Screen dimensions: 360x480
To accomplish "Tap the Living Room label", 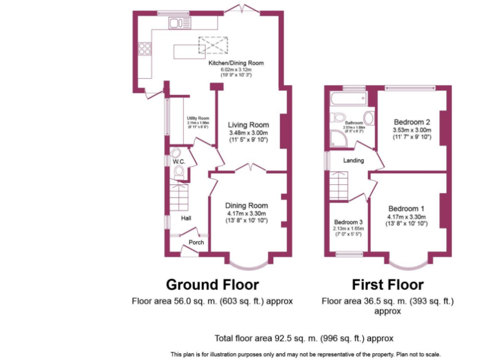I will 248,125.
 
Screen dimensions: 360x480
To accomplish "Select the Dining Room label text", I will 247,206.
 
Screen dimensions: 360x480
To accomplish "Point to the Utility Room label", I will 198,118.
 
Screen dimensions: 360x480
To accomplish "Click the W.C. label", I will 178,162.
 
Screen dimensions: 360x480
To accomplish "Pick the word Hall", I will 186,218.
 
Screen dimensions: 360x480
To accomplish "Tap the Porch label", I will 196,242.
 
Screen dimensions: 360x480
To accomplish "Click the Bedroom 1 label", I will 407,209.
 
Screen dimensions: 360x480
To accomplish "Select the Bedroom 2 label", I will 412,122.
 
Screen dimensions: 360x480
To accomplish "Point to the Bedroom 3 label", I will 348,222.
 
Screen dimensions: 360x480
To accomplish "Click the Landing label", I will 354,161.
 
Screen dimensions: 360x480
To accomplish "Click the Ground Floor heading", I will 212,285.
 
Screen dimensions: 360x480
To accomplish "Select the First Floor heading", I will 387,285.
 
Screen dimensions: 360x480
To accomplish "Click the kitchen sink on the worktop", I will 179,23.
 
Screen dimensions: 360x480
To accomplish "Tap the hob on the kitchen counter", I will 145,48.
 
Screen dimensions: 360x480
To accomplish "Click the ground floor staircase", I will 180,196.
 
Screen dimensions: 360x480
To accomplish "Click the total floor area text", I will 304,338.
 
